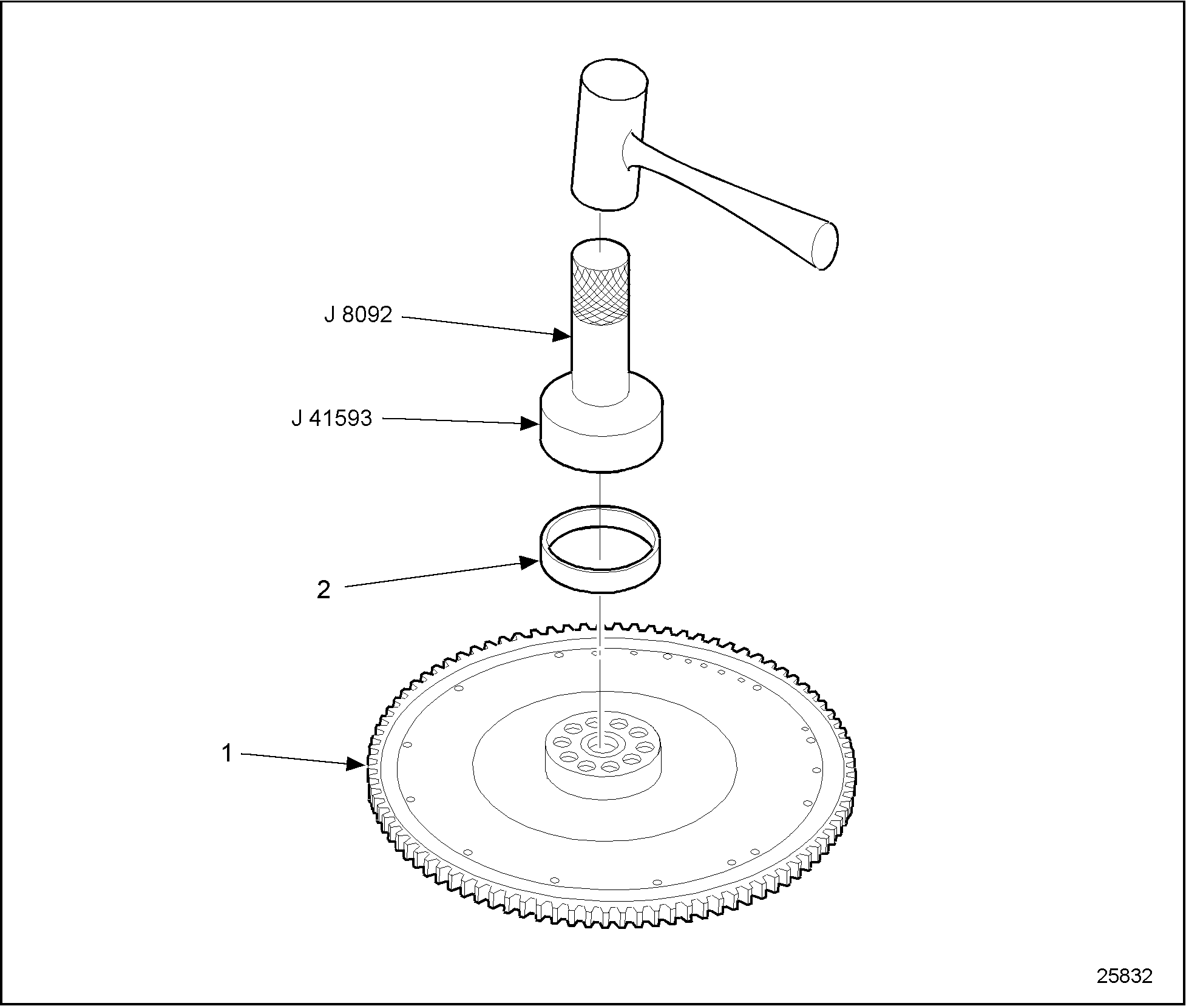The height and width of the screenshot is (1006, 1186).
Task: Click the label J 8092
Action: coord(358,315)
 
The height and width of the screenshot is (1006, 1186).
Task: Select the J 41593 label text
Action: coord(331,419)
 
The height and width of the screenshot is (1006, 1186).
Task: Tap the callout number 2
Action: coord(324,590)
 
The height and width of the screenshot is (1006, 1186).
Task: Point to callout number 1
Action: coord(226,754)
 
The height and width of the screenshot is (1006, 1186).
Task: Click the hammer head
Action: coord(609,134)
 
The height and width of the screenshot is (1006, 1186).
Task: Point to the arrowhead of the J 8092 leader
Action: coord(561,334)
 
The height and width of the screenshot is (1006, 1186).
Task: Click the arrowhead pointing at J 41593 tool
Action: coord(530,424)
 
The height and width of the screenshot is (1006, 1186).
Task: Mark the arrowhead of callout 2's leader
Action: coord(530,562)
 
